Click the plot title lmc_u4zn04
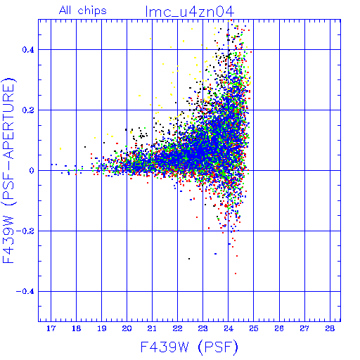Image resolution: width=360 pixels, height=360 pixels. (189, 12)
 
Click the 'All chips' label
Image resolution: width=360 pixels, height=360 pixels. (83, 11)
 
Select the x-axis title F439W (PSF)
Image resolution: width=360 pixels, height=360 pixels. (189, 347)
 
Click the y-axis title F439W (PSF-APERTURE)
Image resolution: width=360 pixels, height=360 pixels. (8, 170)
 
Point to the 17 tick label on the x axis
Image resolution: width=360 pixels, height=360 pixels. (51, 328)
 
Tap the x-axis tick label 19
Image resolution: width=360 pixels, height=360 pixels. (101, 328)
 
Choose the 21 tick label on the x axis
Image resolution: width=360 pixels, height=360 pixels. (152, 328)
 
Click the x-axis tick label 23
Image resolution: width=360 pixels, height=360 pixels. (202, 328)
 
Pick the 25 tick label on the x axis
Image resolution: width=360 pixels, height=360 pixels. (254, 328)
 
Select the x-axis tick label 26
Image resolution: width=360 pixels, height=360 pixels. (279, 328)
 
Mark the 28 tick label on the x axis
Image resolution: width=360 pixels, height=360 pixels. (330, 328)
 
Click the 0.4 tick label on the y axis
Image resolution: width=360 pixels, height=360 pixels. (28, 50)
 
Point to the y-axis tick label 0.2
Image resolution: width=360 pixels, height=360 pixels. (28, 110)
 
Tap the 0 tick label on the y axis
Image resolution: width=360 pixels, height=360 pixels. (32, 171)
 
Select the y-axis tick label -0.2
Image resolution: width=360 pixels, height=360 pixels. (25, 231)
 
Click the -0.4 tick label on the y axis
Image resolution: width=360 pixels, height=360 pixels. (25, 292)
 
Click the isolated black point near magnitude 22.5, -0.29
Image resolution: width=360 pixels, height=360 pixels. (189, 259)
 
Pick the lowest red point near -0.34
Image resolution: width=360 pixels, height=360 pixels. (236, 274)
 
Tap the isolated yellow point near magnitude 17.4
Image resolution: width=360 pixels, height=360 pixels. (60, 148)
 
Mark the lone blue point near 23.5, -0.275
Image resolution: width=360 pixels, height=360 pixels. (215, 254)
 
